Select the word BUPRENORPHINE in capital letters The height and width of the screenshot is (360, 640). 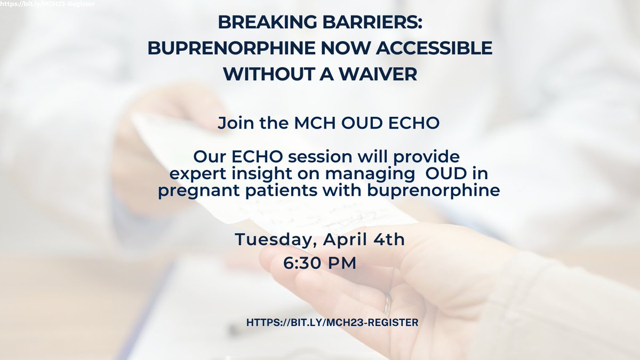[x=231, y=48]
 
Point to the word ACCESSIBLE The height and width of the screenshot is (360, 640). [x=434, y=48]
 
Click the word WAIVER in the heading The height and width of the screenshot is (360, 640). [x=378, y=74]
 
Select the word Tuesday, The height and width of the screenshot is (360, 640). [x=276, y=239]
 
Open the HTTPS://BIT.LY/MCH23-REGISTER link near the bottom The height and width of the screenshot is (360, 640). [x=332, y=323]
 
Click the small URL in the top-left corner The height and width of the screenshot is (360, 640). [x=47, y=4]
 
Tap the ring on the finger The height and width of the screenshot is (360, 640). [x=387, y=305]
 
